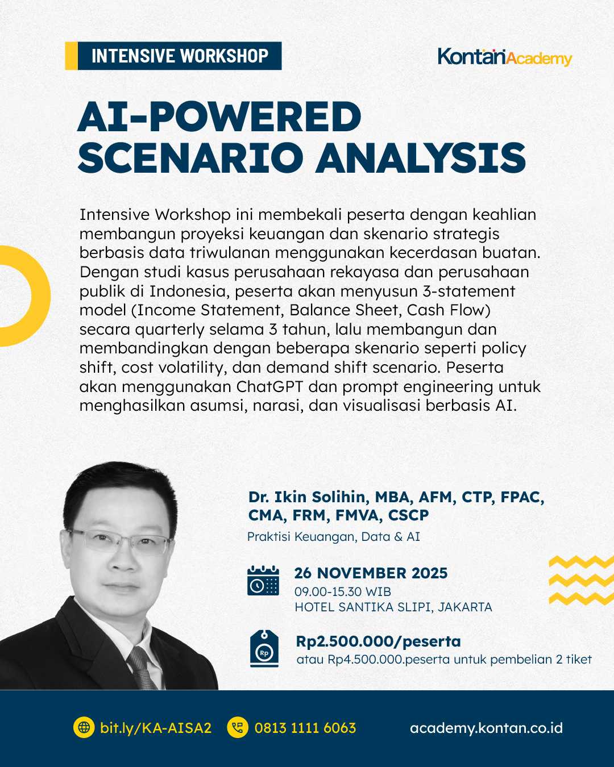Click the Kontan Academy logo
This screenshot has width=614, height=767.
point(504,57)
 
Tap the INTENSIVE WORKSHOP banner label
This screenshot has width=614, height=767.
point(179,56)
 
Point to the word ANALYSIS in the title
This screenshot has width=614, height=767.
point(421,157)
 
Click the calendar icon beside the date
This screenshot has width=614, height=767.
point(263,581)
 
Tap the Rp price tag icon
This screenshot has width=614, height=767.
point(264,649)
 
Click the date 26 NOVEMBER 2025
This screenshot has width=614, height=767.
point(371,573)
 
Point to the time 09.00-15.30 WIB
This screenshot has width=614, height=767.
point(343,591)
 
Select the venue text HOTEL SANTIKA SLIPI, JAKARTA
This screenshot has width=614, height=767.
point(393,607)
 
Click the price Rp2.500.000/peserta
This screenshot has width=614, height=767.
point(378,641)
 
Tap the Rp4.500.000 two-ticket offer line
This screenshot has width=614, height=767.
point(444,660)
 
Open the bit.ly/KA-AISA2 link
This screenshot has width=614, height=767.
point(155,728)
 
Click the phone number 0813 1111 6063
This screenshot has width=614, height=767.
point(305,728)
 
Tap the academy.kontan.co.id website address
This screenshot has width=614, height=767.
point(486,728)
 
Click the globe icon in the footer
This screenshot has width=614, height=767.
point(84,728)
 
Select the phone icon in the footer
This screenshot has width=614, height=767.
point(238,728)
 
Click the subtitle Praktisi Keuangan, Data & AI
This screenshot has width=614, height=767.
point(334,537)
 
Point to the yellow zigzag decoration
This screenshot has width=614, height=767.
point(581,580)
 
